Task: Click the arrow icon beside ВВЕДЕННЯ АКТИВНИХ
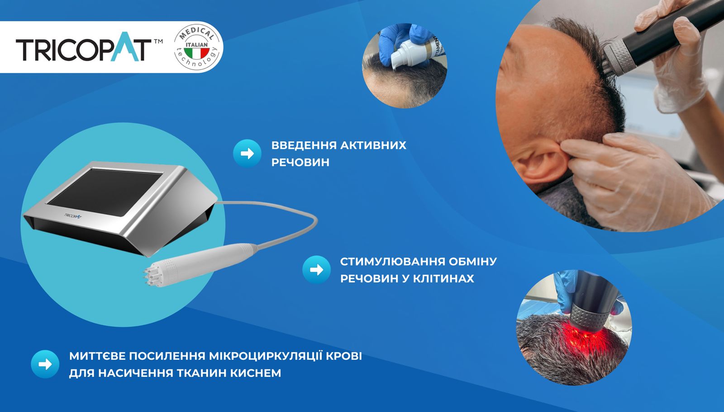(x=247, y=154)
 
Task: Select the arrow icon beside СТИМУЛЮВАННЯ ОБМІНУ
(x=316, y=270)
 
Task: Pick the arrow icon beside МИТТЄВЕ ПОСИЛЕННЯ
(x=45, y=364)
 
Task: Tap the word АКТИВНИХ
(x=373, y=145)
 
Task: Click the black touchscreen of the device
(x=105, y=192)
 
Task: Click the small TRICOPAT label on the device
(x=73, y=215)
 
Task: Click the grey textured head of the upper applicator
(x=617, y=59)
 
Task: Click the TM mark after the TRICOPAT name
(x=158, y=41)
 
